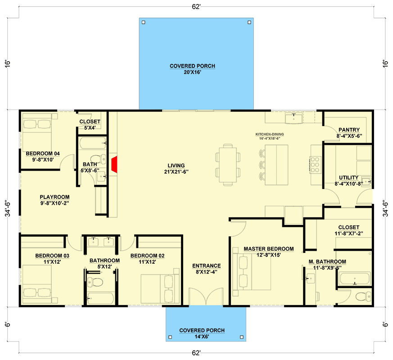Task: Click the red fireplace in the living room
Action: (114, 164)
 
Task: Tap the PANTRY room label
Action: (349, 130)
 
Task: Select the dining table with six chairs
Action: (228, 165)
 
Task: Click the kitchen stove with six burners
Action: (315, 165)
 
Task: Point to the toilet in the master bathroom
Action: (363, 297)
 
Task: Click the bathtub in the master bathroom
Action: (354, 279)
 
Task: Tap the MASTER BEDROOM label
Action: (269, 249)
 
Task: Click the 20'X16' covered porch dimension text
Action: (192, 72)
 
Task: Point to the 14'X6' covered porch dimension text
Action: (202, 337)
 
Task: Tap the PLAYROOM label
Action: (54, 197)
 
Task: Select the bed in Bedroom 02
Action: (160, 289)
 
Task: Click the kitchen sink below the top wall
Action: (294, 118)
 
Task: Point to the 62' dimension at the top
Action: (196, 7)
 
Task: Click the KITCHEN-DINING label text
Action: (270, 134)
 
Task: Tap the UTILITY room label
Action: (348, 178)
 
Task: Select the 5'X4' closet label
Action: (90, 128)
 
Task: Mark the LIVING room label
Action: (176, 166)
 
